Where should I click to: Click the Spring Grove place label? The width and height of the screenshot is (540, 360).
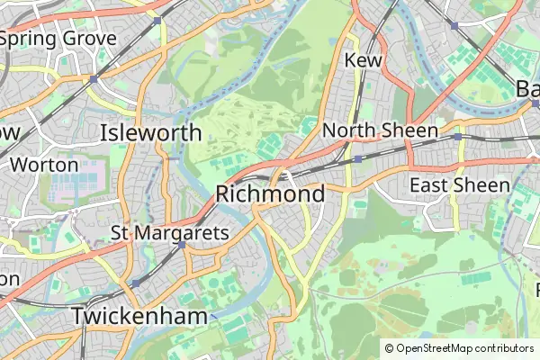[x=61, y=39]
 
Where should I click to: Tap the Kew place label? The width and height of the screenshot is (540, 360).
[x=364, y=59]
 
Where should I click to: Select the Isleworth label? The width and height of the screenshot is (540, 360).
[x=150, y=133]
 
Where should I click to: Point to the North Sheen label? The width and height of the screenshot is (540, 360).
[x=380, y=130]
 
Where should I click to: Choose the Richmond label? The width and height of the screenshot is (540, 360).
[x=270, y=193]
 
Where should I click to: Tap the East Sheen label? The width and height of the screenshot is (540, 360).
[x=452, y=184]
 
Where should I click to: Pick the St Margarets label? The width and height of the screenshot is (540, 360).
[x=170, y=232]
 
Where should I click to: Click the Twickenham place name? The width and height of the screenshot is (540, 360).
[x=139, y=316]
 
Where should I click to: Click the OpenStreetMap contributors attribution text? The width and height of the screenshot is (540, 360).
[x=465, y=347]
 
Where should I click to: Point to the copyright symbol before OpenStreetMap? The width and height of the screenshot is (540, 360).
[x=389, y=347]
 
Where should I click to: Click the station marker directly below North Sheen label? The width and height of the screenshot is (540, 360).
[x=357, y=159]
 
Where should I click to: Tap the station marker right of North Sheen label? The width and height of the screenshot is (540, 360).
[x=457, y=136]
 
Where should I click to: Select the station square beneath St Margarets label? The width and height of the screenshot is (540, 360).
[x=181, y=245]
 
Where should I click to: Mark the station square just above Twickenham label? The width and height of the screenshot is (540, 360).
[x=135, y=283]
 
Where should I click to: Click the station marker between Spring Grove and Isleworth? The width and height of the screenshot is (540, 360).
[x=93, y=79]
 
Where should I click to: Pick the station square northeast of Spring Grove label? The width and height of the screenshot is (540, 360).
[x=157, y=19]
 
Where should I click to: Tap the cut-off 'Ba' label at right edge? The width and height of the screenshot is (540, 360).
[x=528, y=88]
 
